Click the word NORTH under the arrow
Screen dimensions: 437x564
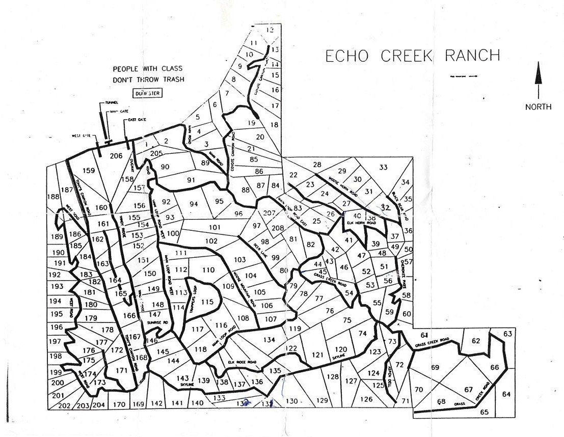tap(538, 106)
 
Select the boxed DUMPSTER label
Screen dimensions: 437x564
tap(146, 93)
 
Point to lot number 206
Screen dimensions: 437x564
tap(116, 156)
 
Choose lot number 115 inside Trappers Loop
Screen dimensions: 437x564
tap(207, 302)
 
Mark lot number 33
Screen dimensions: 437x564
tap(383, 167)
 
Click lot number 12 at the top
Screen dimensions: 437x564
tap(270, 30)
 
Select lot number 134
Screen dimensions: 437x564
tap(269, 340)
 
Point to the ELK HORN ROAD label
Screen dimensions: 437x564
tap(361, 223)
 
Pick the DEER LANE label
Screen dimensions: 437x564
tap(260, 249)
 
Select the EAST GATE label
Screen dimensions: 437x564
tap(135, 119)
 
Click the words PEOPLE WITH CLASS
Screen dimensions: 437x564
tap(147, 68)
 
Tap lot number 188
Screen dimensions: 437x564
tap(53, 197)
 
